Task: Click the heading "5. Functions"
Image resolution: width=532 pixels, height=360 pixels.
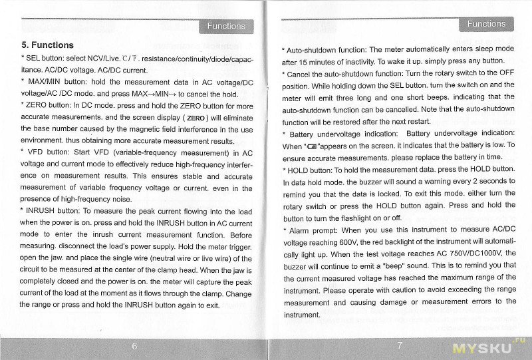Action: pos(47,45)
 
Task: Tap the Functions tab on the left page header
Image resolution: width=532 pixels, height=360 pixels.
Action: pos(225,26)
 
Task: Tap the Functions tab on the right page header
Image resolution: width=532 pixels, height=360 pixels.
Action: pos(486,24)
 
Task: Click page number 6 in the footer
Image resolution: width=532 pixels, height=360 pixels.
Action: pos(134,346)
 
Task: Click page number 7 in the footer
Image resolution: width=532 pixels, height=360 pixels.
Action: pos(399,345)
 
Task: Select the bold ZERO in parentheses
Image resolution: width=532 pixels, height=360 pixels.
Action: pos(198,118)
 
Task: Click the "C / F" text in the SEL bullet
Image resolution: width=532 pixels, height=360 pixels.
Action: pos(131,59)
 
